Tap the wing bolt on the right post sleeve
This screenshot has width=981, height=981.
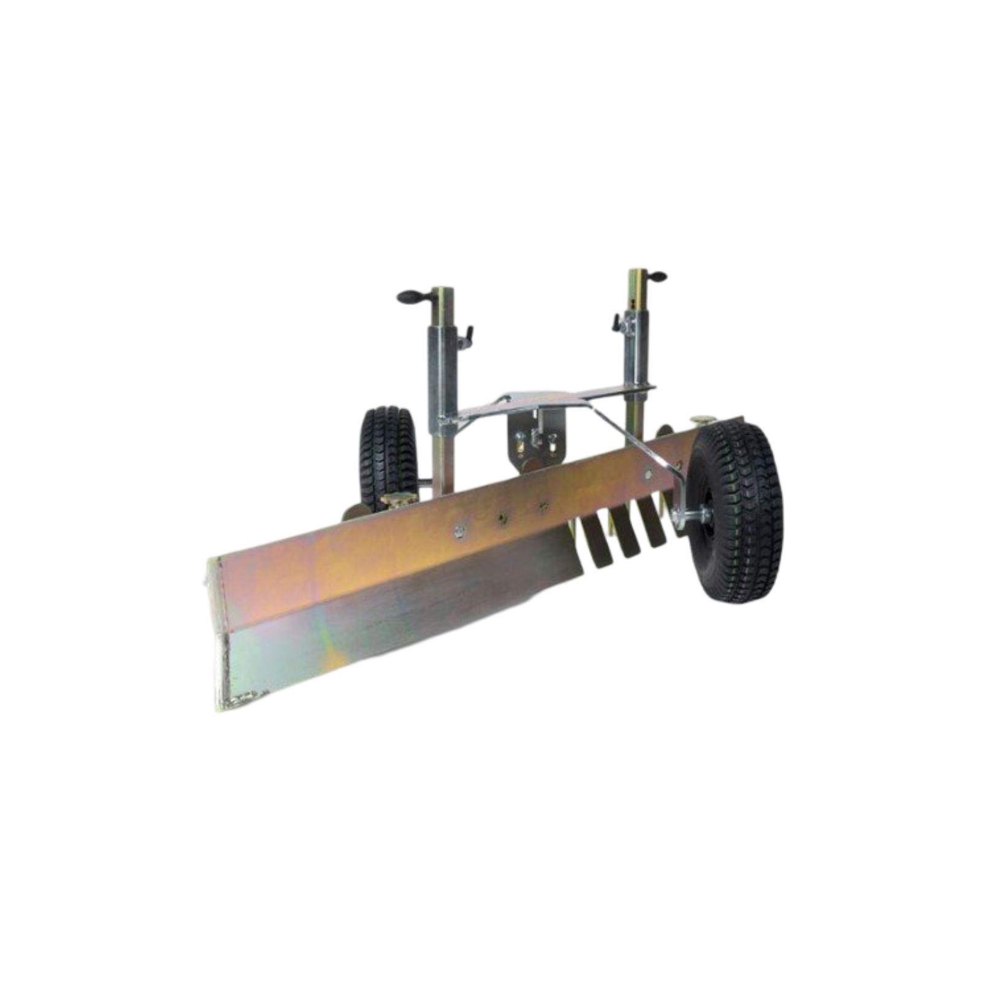(x=614, y=320)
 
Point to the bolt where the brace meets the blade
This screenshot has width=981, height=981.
(x=649, y=473)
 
